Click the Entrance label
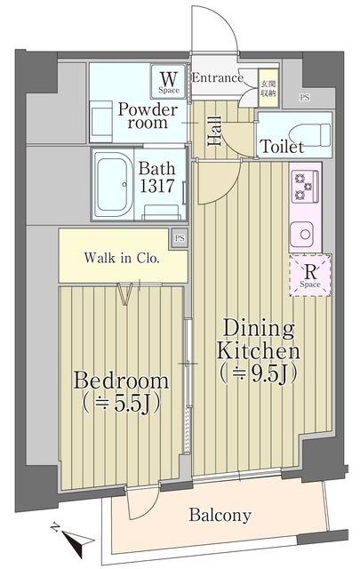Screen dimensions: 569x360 (x=218, y=78)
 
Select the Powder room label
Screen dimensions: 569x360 (x=148, y=116)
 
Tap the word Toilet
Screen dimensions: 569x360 (x=281, y=147)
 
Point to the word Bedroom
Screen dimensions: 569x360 (x=121, y=381)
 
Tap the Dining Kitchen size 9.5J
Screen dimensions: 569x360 (x=258, y=372)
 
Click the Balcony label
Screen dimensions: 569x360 (x=220, y=515)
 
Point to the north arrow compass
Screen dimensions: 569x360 (x=68, y=535)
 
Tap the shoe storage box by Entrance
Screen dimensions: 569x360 (x=267, y=86)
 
